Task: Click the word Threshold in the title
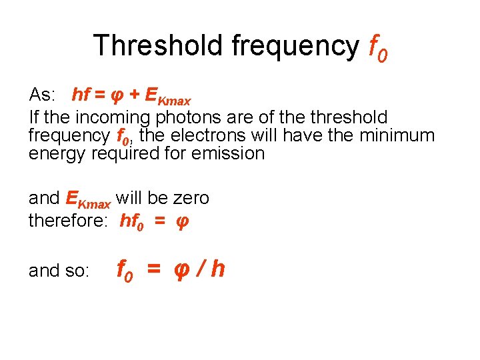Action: point(158,45)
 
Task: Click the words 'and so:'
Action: point(59,271)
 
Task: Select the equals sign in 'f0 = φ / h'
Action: point(154,270)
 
